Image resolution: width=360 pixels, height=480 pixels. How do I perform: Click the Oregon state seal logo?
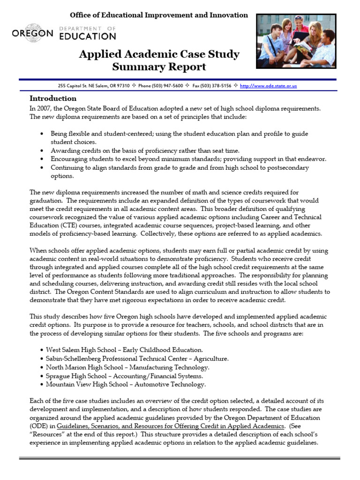(32, 27)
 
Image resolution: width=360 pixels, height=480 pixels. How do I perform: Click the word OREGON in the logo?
(32, 34)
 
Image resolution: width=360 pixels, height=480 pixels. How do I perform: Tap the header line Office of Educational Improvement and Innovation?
(159, 15)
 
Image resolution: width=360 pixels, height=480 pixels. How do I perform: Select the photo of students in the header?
(302, 42)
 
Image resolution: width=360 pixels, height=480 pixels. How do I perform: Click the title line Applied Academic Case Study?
(159, 54)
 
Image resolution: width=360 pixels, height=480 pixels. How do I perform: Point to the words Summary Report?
(159, 67)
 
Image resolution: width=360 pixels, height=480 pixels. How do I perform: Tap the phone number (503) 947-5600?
(167, 86)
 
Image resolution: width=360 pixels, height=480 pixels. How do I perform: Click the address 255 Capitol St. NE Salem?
(87, 86)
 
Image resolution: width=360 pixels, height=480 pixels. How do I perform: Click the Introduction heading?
(53, 98)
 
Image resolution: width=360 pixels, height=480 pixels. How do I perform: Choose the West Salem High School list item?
(124, 350)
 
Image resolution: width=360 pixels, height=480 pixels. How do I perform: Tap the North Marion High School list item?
(127, 367)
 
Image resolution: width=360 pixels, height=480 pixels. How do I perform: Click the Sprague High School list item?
(124, 376)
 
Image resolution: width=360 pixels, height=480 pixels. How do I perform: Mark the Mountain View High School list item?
(126, 384)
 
